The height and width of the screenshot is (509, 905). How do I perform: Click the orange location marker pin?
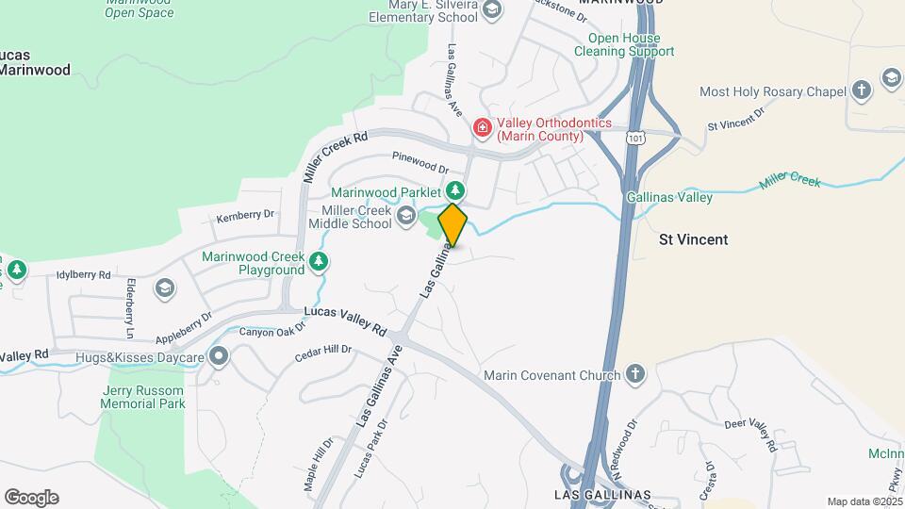(x=452, y=225)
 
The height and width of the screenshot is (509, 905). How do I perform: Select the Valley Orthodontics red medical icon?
(x=483, y=126)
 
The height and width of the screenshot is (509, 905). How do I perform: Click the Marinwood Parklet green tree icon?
(x=455, y=191)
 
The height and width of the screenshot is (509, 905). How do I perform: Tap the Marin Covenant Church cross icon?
(x=635, y=375)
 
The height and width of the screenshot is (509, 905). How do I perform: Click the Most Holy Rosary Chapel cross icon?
(x=860, y=91)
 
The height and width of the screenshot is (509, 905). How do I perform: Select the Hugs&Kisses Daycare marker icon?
(x=220, y=357)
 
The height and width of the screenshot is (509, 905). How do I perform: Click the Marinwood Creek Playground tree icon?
(x=320, y=261)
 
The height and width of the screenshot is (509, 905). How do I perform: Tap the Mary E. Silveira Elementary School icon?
(x=490, y=9)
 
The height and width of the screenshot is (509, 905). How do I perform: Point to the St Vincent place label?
(x=693, y=239)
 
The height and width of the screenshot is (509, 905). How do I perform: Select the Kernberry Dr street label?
(x=244, y=216)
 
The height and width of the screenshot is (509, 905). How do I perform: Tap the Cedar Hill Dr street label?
(x=322, y=353)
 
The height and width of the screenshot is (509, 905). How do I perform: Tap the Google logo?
(x=31, y=498)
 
